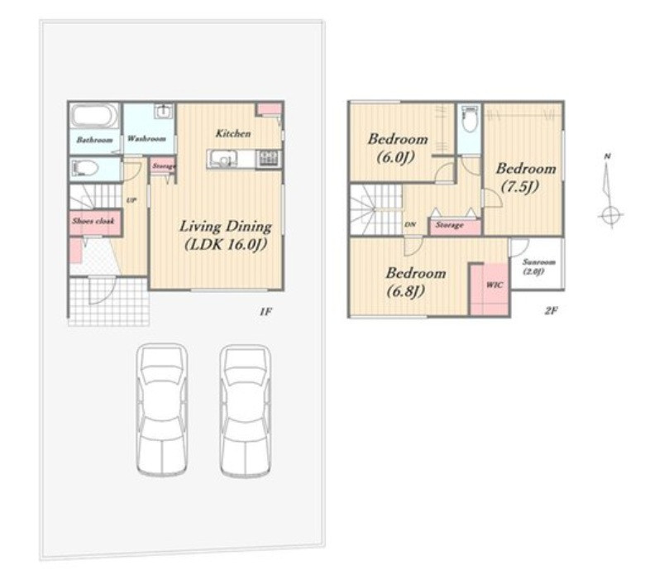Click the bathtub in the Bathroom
pyautogui.click(x=94, y=115)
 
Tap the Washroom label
pyautogui.click(x=146, y=139)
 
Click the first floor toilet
pyautogui.click(x=85, y=168)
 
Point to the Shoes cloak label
pyautogui.click(x=93, y=221)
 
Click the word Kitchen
pyautogui.click(x=233, y=133)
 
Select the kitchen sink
pyautogui.click(x=222, y=160)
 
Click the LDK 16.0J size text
pyautogui.click(x=226, y=245)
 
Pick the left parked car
pyautogui.click(x=162, y=410)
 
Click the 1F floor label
pyautogui.click(x=265, y=312)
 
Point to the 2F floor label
pyautogui.click(x=551, y=310)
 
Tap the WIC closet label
pyautogui.click(x=494, y=285)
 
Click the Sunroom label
pyautogui.click(x=539, y=262)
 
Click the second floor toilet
pyautogui.click(x=469, y=120)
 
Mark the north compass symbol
pyautogui.click(x=609, y=191)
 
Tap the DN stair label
pyautogui.click(x=409, y=224)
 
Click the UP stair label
pyautogui.click(x=131, y=199)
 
